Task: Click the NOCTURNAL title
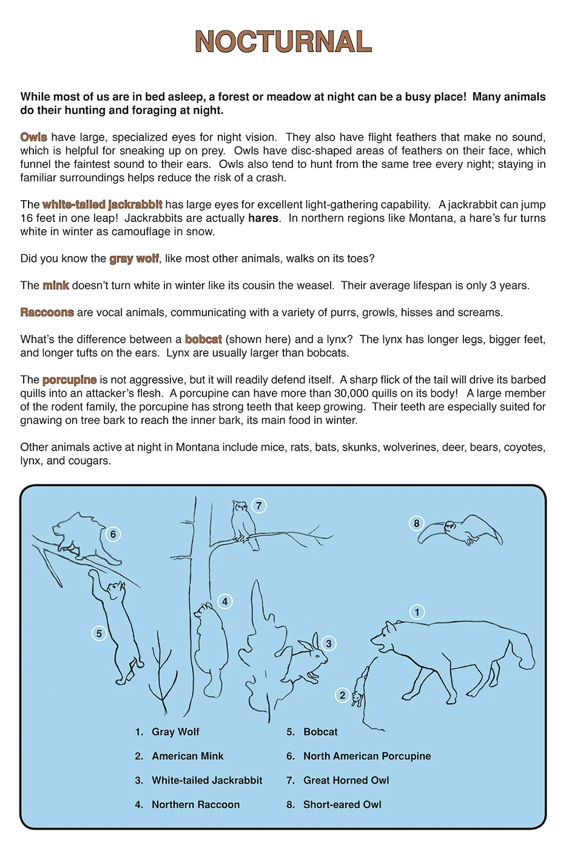[283, 42]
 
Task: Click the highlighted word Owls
[33, 137]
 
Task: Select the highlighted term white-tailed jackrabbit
[102, 204]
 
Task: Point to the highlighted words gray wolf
[134, 258]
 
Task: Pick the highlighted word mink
[56, 285]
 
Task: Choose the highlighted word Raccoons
[47, 312]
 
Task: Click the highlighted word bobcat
[203, 339]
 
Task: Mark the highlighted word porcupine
[69, 380]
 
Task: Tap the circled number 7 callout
[259, 506]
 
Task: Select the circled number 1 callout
[417, 612]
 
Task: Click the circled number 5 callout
[99, 634]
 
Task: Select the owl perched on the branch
[241, 521]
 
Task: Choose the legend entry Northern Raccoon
[195, 805]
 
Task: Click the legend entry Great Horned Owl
[346, 780]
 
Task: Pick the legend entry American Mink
[187, 756]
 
